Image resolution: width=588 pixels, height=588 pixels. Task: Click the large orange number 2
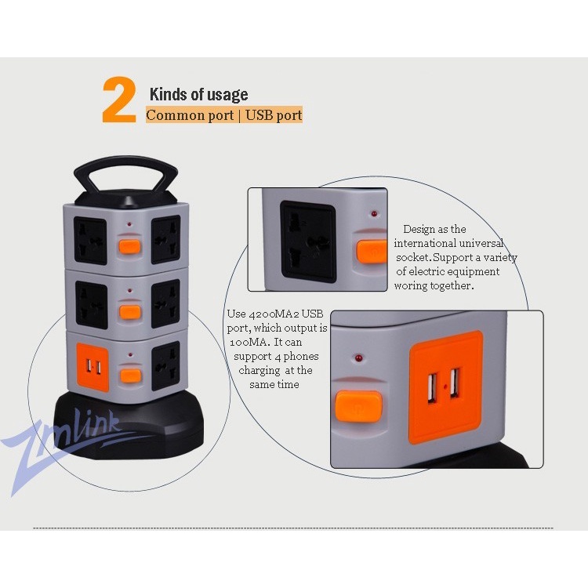tap(118, 100)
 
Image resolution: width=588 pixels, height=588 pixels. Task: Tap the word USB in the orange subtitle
tap(260, 115)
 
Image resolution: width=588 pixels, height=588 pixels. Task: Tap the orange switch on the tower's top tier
tap(129, 246)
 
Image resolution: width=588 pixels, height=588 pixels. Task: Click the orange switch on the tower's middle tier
tap(130, 312)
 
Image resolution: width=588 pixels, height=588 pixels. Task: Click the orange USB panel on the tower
tap(93, 366)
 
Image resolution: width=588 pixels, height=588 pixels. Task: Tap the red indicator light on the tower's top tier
tap(129, 224)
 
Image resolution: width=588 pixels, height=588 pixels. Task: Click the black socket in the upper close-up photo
tap(308, 241)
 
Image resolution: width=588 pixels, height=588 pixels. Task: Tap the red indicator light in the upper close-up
tap(374, 214)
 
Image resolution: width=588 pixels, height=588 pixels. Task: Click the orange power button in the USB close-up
tap(358, 405)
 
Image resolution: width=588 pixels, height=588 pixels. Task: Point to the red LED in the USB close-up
tap(358, 358)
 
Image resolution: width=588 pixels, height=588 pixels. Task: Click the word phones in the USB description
tap(301, 357)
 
